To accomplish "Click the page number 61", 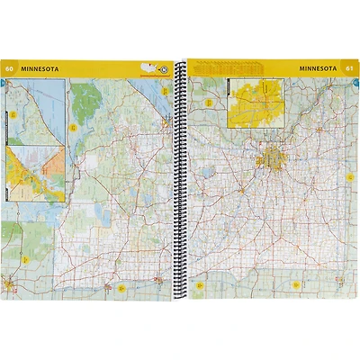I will point(348,67).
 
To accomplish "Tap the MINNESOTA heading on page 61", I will point(316,67).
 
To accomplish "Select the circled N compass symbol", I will point(164,68).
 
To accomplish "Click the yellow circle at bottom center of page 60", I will point(120,288).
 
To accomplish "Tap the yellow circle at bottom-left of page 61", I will point(204,288).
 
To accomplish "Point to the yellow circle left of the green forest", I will point(72,126).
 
